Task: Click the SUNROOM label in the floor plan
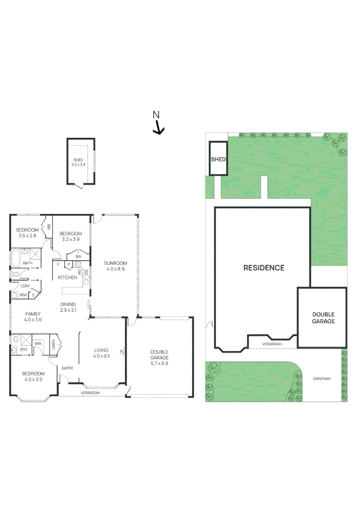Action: coord(116,263)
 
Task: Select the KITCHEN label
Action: coord(67,277)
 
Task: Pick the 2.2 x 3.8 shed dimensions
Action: coord(78,164)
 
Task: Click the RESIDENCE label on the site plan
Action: coord(264,268)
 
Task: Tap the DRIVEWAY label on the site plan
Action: coord(322,378)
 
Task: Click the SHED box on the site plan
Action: coord(218,159)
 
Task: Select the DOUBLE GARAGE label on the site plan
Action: coord(323,318)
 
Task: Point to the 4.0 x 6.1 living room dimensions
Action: coord(101,356)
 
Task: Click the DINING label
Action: coord(68,304)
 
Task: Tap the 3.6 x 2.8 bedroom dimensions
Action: coord(27,236)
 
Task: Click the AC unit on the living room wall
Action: coord(122,352)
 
